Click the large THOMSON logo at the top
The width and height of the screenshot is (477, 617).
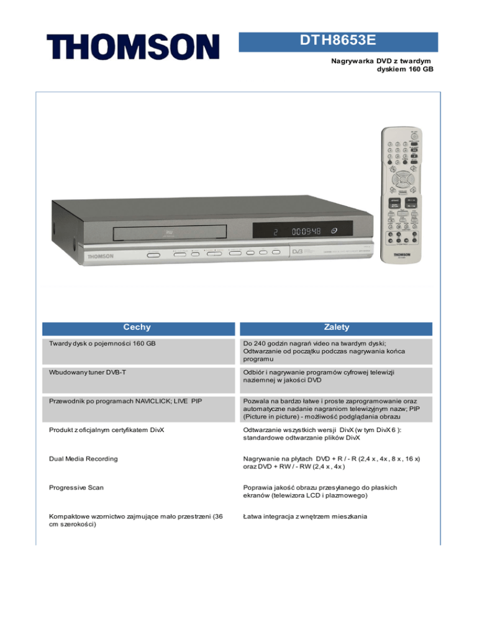(132, 47)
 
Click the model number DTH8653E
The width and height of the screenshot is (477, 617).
(339, 42)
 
